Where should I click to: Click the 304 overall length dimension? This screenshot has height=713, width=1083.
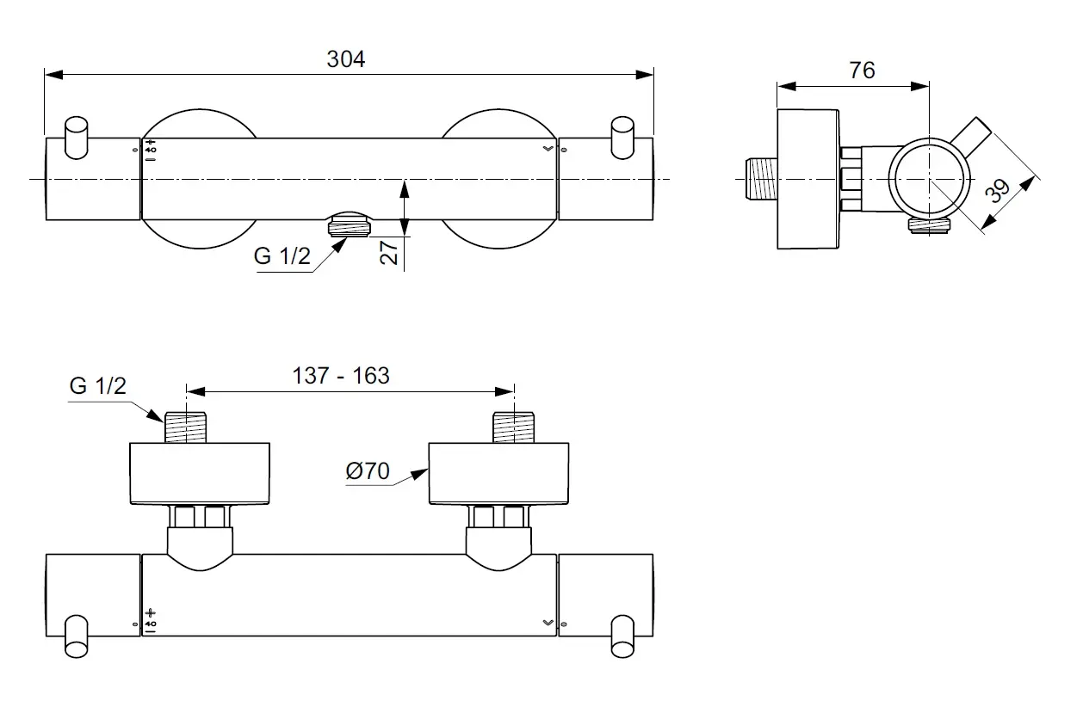click(x=346, y=58)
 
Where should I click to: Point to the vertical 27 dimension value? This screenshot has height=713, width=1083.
click(x=389, y=253)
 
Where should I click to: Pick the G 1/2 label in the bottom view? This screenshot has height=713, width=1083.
click(x=97, y=386)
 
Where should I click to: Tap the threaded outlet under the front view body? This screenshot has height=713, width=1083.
click(x=349, y=227)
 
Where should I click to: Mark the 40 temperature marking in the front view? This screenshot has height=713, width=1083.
click(x=151, y=150)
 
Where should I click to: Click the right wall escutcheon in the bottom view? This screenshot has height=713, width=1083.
click(x=498, y=474)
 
